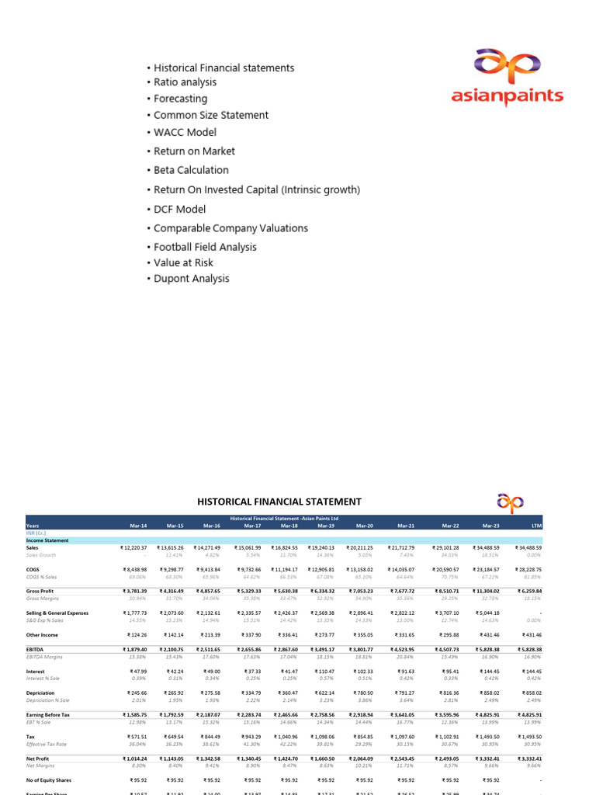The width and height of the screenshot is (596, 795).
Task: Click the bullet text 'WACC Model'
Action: (185, 132)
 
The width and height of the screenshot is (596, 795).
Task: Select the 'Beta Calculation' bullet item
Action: (191, 170)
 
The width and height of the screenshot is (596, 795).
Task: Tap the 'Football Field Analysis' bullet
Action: (205, 247)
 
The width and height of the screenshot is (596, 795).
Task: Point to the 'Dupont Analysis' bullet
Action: (191, 279)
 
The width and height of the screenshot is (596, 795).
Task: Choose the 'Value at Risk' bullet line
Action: (183, 263)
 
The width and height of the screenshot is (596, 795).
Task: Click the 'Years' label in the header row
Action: (33, 526)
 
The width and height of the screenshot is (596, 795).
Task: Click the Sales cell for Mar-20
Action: (360, 548)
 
